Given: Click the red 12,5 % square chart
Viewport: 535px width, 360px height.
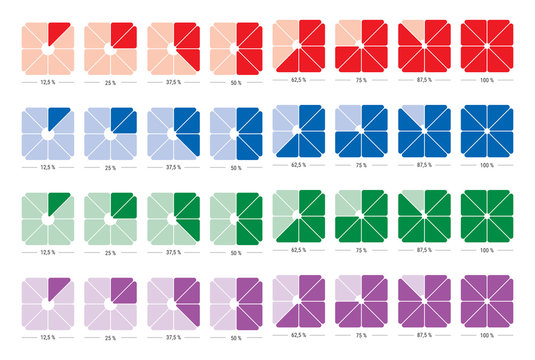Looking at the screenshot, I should [47, 47].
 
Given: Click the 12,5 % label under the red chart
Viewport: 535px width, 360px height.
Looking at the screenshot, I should [47, 82].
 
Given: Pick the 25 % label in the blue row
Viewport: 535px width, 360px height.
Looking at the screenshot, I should [110, 168].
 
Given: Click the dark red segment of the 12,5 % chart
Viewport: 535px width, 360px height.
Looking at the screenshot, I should [57, 33].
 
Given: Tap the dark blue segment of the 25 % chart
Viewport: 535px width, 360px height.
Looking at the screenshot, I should [122, 121].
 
